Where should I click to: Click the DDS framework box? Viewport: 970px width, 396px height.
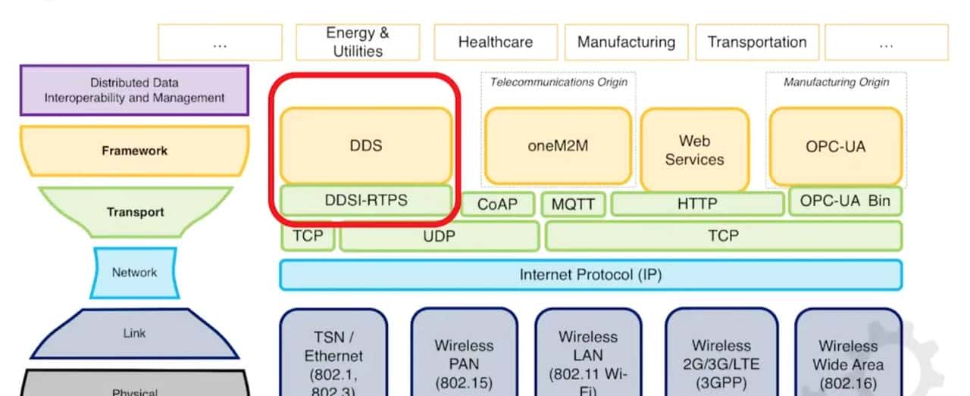366,145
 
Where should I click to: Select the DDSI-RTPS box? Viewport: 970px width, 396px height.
366,201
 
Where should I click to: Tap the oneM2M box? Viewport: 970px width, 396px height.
558,145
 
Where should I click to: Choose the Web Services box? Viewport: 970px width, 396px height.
694,149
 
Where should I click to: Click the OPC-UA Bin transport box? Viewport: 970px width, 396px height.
845,201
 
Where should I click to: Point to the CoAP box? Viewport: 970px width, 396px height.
496,204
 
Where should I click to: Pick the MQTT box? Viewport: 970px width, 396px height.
573,204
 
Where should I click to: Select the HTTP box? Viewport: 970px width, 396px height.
697,204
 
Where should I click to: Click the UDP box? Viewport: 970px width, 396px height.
440,236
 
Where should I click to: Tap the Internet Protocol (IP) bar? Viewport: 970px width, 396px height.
590,275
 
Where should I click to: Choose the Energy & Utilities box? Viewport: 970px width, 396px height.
358,42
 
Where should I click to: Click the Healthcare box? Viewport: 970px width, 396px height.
495,42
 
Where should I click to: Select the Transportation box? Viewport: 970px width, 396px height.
756,42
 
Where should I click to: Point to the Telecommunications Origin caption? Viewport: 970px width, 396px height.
559,82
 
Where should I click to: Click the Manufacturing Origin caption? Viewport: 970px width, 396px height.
836,82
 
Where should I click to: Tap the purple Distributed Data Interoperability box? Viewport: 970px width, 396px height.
134,90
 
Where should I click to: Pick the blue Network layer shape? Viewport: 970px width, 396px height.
134,273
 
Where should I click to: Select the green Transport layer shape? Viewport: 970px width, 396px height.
135,212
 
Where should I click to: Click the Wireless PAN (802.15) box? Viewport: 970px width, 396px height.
464,354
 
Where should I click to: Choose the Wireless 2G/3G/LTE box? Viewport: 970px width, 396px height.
721,354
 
